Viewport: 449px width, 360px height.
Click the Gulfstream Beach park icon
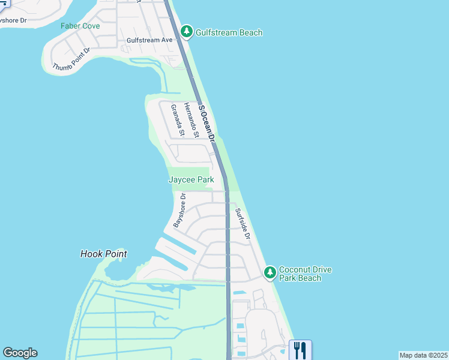tap(187, 32)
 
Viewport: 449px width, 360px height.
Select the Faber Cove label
tap(79, 26)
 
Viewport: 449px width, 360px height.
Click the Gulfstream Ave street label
tap(149, 40)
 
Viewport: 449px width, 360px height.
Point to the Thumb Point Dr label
tap(71, 58)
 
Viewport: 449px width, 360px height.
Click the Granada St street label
tap(177, 119)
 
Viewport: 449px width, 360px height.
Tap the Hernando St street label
tap(191, 119)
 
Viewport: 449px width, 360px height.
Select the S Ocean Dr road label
tap(207, 123)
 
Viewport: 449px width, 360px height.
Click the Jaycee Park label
tap(191, 179)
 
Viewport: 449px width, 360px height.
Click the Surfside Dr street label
tap(242, 224)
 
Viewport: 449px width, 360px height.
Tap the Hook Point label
tap(104, 254)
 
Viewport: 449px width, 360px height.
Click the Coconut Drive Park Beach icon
tap(270, 273)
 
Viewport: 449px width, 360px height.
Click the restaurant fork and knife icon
tap(300, 350)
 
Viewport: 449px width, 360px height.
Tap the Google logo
tap(20, 353)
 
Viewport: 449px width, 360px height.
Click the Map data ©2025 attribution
tap(423, 355)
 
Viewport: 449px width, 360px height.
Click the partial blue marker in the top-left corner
tap(4, 3)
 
